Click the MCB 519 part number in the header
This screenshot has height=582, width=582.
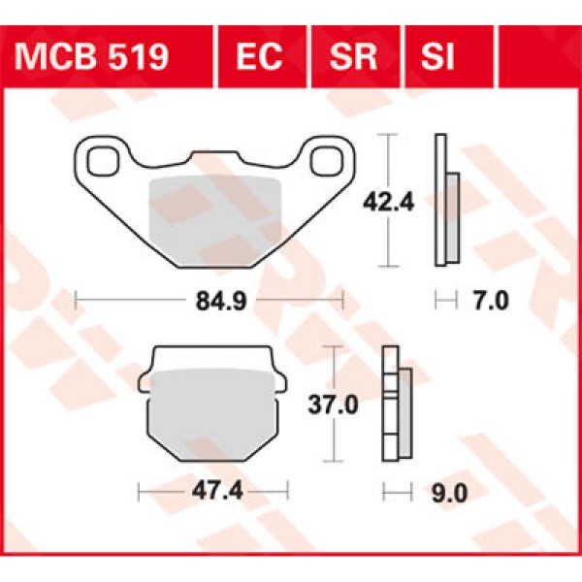92,55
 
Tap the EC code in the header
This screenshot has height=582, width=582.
259,55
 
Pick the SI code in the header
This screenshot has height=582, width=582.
437,55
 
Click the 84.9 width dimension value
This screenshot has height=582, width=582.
210,301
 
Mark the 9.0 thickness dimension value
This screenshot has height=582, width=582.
453,494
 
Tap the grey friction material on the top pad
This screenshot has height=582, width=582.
211,218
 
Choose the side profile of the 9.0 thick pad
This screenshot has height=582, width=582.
395,405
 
